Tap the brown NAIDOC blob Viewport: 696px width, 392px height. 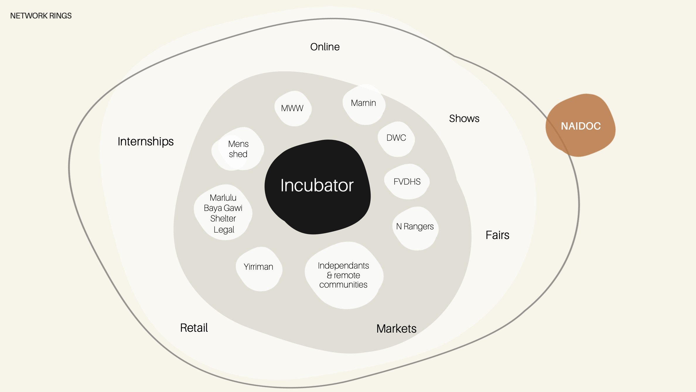point(581,125)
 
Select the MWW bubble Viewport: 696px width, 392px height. point(293,109)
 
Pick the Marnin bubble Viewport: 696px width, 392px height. point(364,104)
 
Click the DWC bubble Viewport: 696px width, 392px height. point(396,139)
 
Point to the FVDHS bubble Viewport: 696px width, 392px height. point(407,182)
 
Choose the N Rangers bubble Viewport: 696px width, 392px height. point(415,228)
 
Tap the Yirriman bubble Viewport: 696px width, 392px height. point(259,269)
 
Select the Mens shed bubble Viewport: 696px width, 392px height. point(238,149)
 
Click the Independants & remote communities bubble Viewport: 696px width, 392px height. point(344,275)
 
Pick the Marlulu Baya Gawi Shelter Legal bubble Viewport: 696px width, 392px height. point(223,212)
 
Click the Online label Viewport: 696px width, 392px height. point(325,47)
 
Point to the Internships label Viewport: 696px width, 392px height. point(146,142)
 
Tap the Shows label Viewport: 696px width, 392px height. point(464,118)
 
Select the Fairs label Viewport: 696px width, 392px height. point(497,235)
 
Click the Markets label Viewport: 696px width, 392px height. point(396,329)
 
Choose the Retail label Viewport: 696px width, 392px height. point(194,328)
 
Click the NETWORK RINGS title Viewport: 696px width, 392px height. point(41,16)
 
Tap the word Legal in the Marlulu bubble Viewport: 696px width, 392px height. point(224,230)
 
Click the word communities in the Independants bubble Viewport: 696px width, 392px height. point(343,285)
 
